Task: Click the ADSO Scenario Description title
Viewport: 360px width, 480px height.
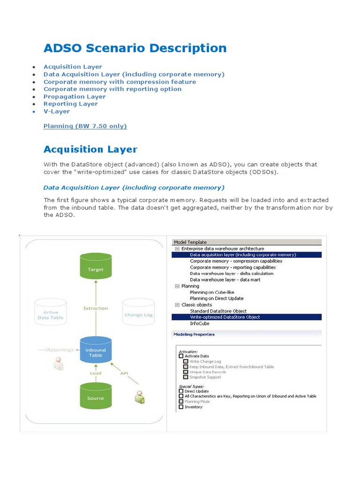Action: click(x=135, y=48)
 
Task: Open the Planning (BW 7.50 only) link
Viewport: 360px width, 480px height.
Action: click(x=85, y=126)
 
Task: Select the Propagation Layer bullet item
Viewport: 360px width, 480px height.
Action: click(x=75, y=97)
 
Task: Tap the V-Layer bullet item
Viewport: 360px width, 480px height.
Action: click(x=57, y=112)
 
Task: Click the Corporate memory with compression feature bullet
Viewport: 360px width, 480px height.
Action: click(x=120, y=82)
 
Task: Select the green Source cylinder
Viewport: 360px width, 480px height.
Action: click(x=96, y=396)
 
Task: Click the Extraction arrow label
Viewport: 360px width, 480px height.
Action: click(x=96, y=308)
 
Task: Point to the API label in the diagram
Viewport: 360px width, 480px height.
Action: click(x=124, y=374)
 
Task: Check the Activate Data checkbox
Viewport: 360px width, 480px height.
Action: click(x=181, y=356)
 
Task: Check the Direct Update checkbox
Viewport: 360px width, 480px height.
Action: click(x=181, y=391)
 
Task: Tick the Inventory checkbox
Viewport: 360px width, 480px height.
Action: click(x=181, y=407)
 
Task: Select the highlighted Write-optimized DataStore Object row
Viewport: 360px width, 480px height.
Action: click(x=225, y=317)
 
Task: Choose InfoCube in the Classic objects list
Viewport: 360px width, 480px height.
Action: click(x=199, y=323)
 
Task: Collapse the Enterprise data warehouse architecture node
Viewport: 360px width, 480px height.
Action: click(x=177, y=249)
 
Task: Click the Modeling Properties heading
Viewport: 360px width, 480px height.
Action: click(x=194, y=335)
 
